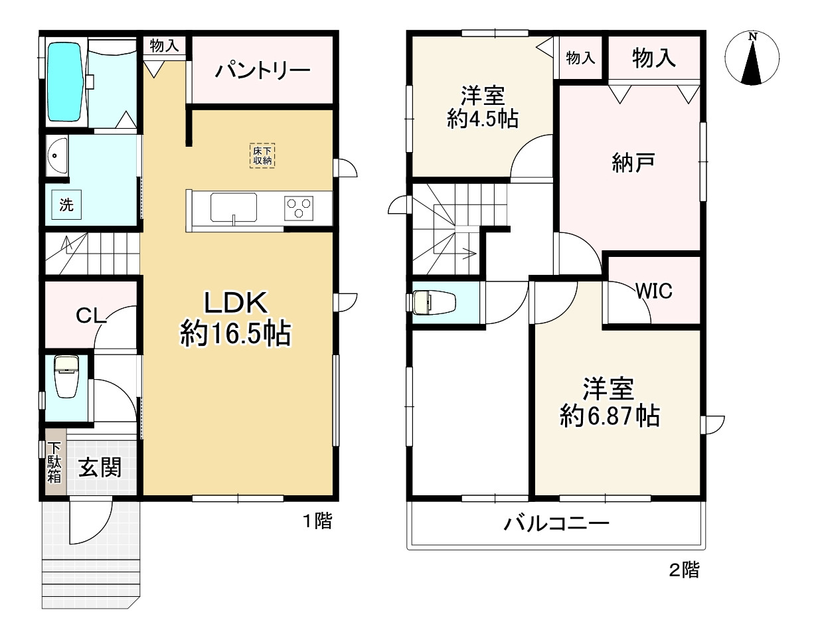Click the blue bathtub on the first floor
click(65, 82)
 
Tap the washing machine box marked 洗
click(66, 204)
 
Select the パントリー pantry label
click(262, 70)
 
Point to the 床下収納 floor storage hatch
click(262, 155)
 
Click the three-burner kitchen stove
click(299, 208)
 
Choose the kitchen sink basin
click(234, 207)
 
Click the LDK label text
click(236, 302)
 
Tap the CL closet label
click(91, 316)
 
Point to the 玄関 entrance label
click(100, 467)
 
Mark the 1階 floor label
click(318, 522)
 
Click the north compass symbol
click(752, 58)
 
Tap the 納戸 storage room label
click(633, 163)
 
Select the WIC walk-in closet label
click(654, 291)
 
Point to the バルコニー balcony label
click(556, 524)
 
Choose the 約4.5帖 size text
click(483, 119)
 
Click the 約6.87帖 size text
click(610, 416)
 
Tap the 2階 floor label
click(685, 570)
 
